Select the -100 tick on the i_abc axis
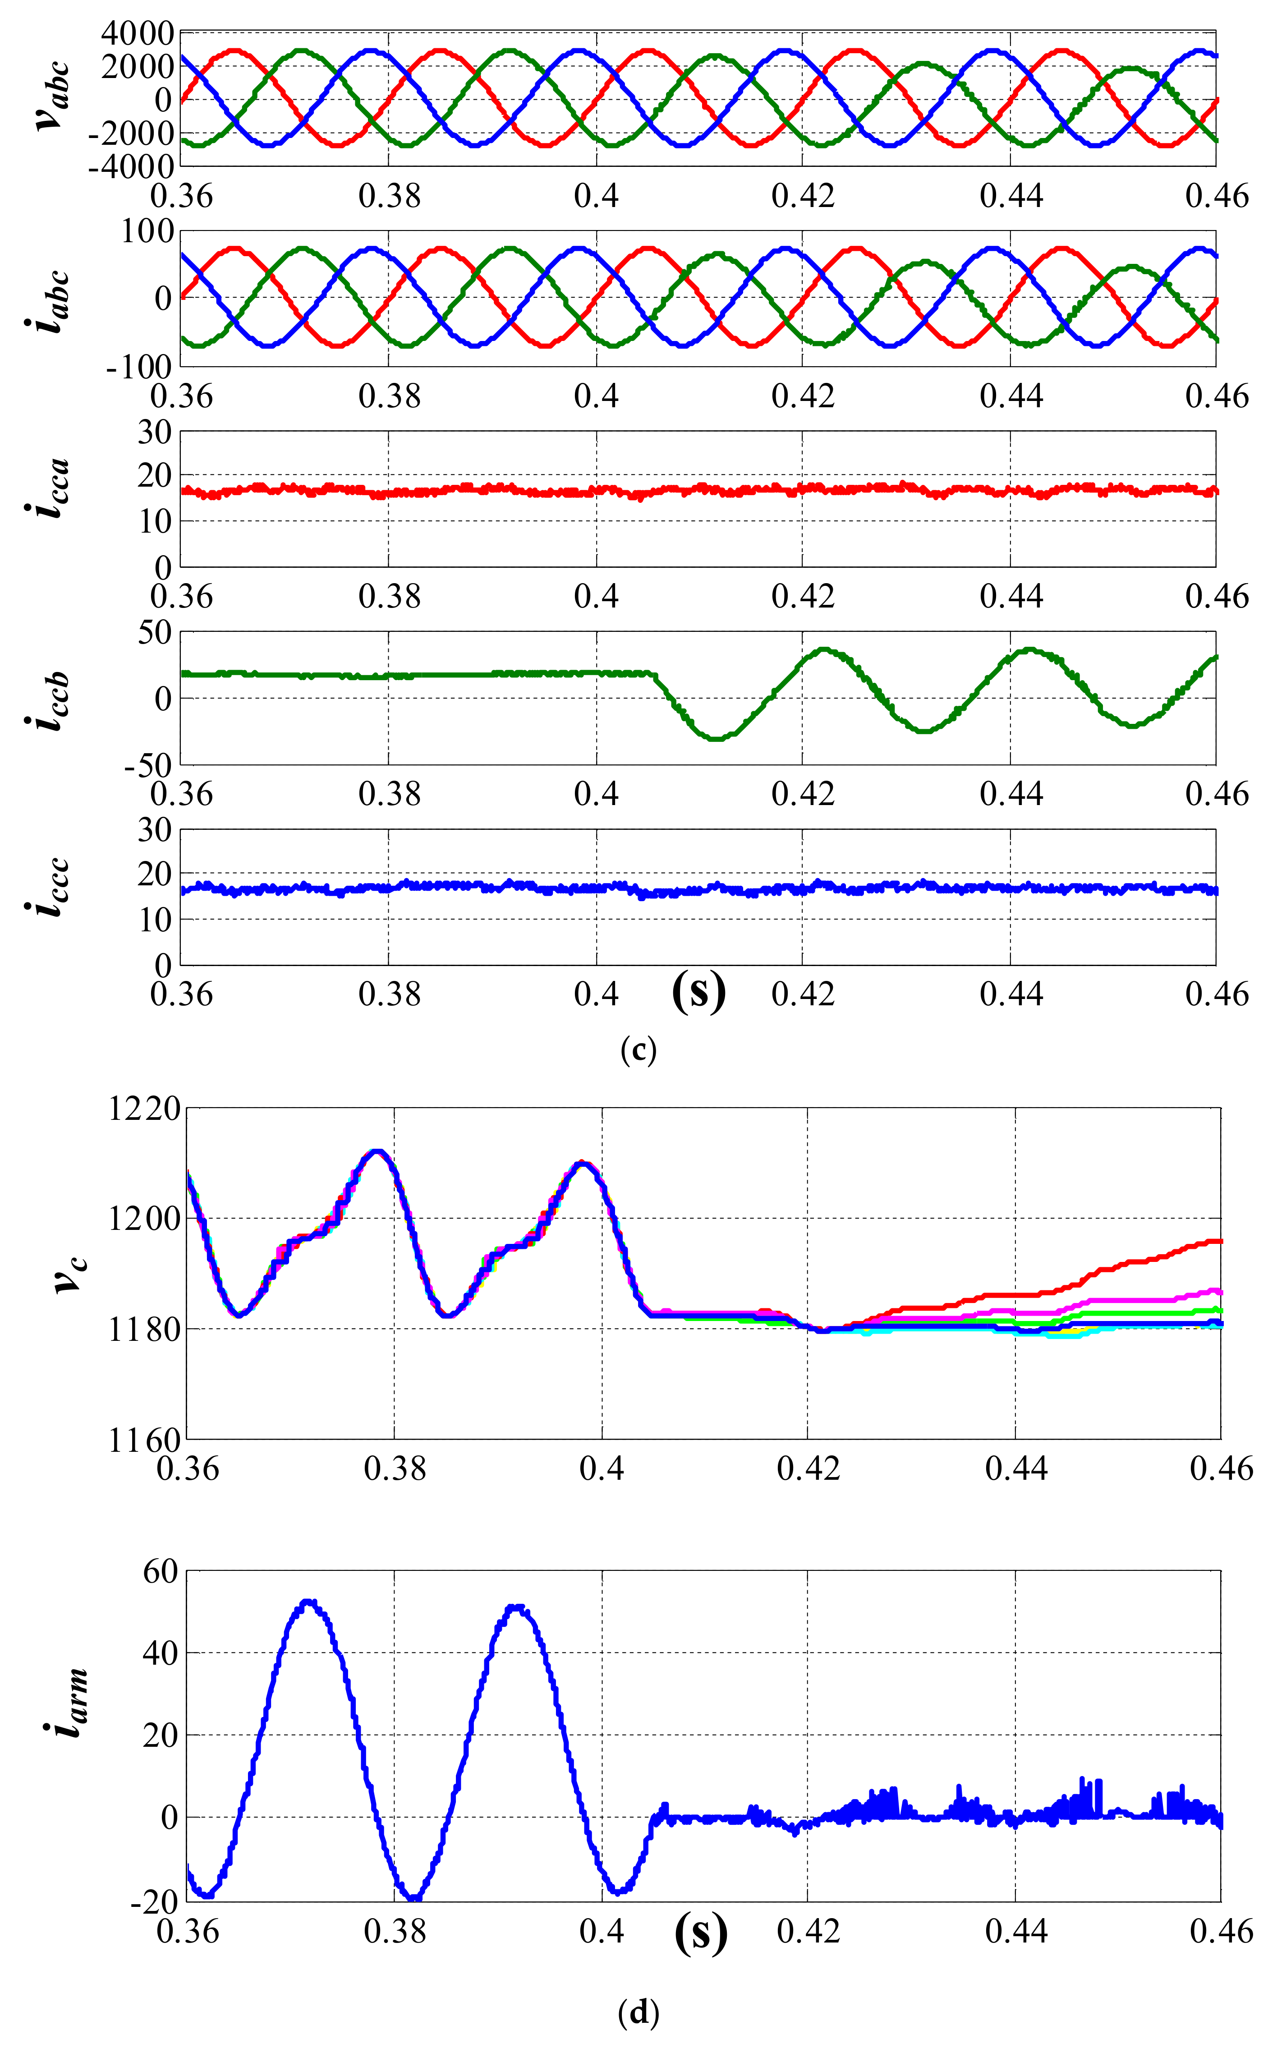[x=139, y=368]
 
